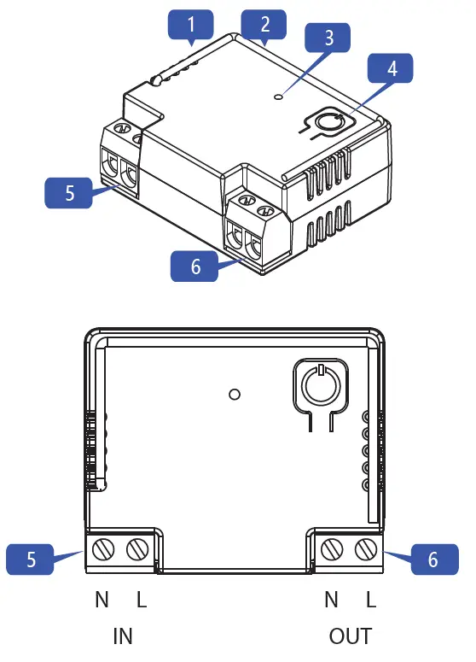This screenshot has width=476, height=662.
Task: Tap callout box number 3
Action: pos(328,40)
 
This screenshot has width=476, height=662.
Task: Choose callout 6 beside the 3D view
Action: pos(195,267)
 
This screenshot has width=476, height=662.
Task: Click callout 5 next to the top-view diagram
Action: pos(31,560)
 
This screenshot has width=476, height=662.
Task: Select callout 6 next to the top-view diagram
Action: pos(432,560)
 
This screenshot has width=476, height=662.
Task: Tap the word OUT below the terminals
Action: pos(351,636)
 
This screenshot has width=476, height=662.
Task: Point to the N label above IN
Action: pos(102,600)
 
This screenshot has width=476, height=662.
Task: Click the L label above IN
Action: pos(142,600)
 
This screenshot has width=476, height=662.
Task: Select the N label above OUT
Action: pos(332,600)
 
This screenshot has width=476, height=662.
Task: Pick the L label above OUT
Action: pos(370,600)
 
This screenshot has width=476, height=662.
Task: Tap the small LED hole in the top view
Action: pos(235,394)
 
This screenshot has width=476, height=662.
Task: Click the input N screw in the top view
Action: pos(104,548)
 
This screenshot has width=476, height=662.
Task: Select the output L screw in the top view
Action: pos(369,548)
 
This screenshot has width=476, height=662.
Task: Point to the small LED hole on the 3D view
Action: pos(278,97)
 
